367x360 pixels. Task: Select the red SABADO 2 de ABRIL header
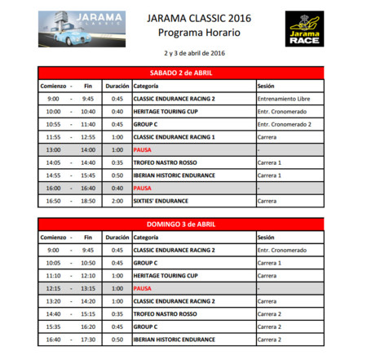[x=180, y=72]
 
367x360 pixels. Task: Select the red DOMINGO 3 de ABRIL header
[x=180, y=224]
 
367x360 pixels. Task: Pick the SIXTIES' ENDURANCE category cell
[x=161, y=200]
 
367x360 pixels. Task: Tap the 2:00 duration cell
[x=117, y=200]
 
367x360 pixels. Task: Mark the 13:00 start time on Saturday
[x=53, y=149]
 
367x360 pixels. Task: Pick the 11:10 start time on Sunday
[x=53, y=276]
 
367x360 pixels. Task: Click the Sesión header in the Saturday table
[x=267, y=85]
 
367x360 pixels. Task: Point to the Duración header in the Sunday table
[x=117, y=238]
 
